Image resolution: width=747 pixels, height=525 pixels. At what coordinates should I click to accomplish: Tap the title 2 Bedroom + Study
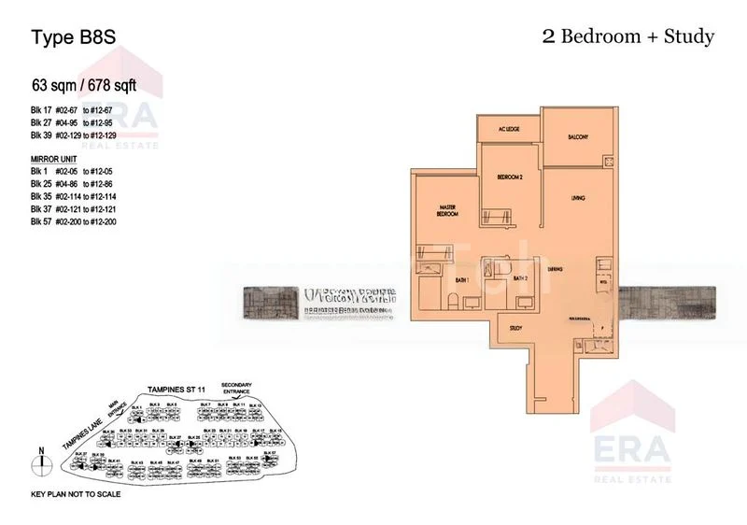627,36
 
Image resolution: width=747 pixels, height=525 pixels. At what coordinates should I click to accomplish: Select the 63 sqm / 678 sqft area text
85,86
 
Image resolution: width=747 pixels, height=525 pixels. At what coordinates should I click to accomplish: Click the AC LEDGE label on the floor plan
508,130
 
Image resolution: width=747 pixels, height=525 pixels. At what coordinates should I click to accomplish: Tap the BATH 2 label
520,277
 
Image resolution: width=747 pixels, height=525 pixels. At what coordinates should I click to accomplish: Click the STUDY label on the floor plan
514,328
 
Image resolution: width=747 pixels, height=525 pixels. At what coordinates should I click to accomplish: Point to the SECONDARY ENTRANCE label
237,388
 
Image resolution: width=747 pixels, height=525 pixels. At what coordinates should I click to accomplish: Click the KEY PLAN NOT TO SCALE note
76,493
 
